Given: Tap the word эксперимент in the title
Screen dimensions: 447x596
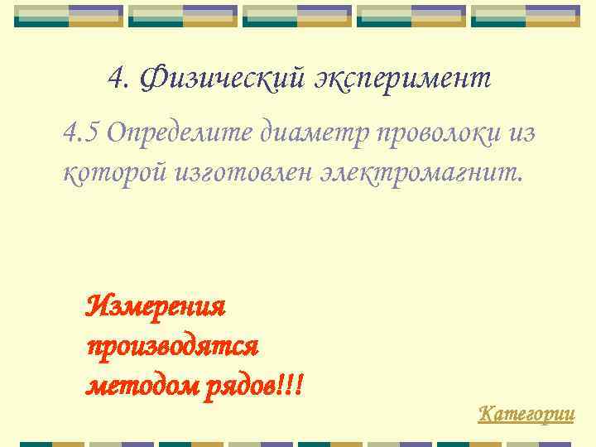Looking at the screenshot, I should tap(402, 79).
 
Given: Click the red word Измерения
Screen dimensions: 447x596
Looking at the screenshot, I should tap(156, 307).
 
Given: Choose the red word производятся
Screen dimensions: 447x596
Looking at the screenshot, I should tap(172, 346).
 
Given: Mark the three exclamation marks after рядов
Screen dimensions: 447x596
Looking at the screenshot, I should tap(292, 385).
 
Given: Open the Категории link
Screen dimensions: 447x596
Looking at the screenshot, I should tap(526, 413).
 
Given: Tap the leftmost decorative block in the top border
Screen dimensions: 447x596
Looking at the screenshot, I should tap(70, 16).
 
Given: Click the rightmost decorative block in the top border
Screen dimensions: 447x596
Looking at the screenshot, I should tap(525, 16).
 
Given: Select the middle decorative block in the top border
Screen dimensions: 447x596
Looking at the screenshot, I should tap(297, 16).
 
